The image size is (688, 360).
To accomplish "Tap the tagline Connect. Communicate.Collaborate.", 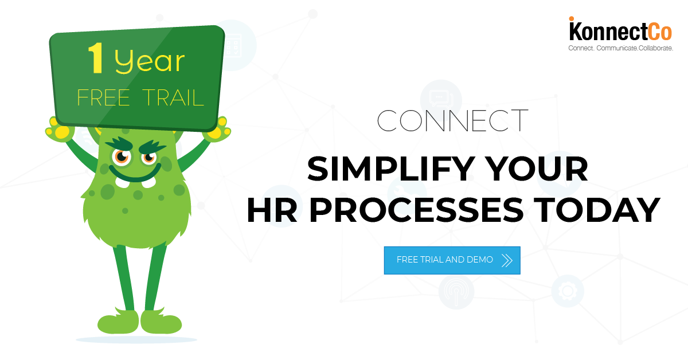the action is click(620, 48).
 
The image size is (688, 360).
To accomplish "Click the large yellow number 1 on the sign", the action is click(96, 58).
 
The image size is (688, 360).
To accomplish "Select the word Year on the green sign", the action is click(150, 62).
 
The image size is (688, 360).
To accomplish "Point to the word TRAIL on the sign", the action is click(173, 98).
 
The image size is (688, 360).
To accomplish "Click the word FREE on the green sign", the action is click(104, 97).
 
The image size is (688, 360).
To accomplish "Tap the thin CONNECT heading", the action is click(452, 121).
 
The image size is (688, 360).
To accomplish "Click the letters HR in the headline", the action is click(272, 210).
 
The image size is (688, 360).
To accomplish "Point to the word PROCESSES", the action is click(417, 210).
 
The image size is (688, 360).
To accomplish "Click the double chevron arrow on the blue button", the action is click(507, 260).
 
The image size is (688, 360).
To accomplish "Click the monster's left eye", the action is click(122, 157).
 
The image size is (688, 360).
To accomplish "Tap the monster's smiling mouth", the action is click(135, 175).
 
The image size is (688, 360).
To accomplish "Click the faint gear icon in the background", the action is click(567, 291).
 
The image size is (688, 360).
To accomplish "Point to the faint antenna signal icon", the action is click(456, 292).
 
